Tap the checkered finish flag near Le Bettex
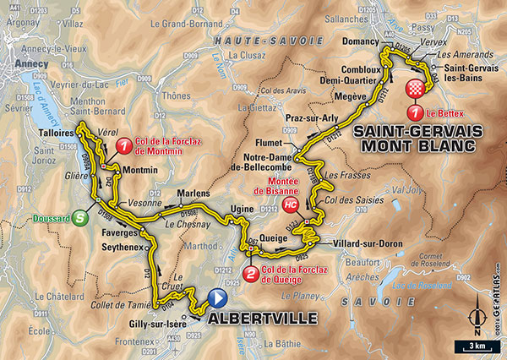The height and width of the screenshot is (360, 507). tap(415, 90)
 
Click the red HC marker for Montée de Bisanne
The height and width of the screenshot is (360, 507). tap(292, 205)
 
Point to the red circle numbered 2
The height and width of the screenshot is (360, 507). tap(251, 273)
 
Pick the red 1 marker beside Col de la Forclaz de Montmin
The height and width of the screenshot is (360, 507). tap(123, 145)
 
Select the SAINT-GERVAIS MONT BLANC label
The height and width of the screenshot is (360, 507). tap(417, 138)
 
